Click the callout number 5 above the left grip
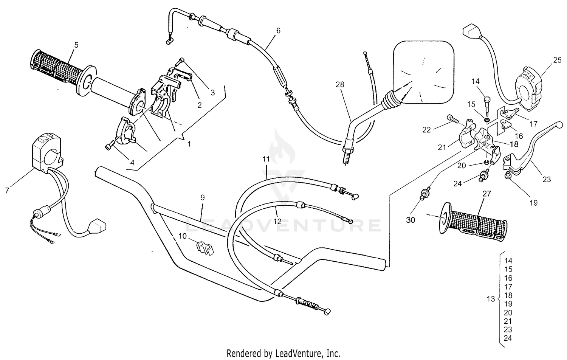pos(76,45)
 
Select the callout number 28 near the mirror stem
pos(340,85)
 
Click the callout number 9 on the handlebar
pos(202,197)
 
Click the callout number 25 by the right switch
pos(557,60)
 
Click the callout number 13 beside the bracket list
pos(491,299)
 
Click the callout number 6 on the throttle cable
pos(278,31)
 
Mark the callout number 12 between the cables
pos(278,221)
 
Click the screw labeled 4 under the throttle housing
pos(109,146)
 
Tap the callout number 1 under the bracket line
pos(189,144)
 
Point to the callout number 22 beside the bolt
pos(426,130)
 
